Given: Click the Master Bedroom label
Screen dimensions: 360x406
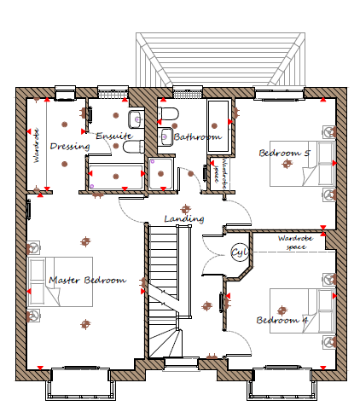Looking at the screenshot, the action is click(x=87, y=281).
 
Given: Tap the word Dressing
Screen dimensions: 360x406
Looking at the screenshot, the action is click(x=70, y=147).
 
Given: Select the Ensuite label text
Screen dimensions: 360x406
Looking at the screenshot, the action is click(x=114, y=136).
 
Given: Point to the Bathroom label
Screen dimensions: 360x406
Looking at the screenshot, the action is click(x=198, y=137).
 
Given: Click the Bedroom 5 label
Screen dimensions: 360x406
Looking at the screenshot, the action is click(x=284, y=154).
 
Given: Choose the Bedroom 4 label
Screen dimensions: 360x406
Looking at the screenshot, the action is click(x=282, y=320).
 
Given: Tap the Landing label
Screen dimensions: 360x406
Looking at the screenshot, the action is click(x=184, y=218).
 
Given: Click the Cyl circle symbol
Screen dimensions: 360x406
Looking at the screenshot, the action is click(x=240, y=252).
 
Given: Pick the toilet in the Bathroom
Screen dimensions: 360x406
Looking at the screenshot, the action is click(x=168, y=113).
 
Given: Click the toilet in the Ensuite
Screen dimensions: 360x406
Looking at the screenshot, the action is click(x=134, y=147).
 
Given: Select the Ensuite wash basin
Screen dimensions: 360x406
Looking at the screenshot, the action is click(x=136, y=119).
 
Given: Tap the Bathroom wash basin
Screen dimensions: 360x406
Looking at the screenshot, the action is click(x=165, y=136).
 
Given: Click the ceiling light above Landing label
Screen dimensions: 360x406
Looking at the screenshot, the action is click(x=185, y=210).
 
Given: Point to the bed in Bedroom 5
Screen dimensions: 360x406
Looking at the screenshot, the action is click(x=303, y=164).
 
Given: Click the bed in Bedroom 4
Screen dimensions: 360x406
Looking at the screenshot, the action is click(x=303, y=310).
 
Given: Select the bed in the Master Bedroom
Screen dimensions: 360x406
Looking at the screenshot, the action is click(x=60, y=281).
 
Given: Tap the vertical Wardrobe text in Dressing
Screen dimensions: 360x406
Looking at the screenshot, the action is click(x=36, y=146).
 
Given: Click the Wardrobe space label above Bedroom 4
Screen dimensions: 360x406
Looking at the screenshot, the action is click(x=296, y=242).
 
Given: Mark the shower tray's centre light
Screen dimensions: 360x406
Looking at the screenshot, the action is click(x=160, y=173).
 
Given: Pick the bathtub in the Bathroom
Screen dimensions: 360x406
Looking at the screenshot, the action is click(x=218, y=125).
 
